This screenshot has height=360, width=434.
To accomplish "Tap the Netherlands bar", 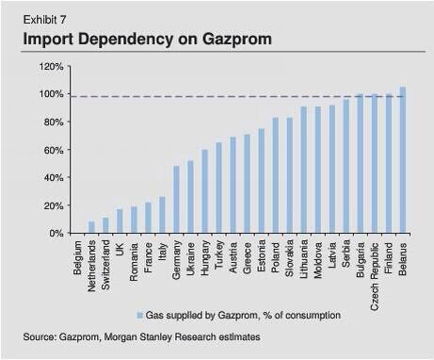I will pos(91,227).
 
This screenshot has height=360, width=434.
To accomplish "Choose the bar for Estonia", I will pos(261,181).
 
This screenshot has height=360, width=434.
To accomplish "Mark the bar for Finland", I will pos(388,163).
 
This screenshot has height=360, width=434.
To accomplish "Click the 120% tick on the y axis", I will pos(50,67).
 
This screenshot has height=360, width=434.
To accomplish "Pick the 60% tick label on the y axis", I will pos(53,150).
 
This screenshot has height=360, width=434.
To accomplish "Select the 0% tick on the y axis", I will pos(56,233).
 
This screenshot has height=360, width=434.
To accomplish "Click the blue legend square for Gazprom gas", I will pos(138,315).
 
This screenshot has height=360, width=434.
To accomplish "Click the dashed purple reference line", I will pos(235,96).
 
